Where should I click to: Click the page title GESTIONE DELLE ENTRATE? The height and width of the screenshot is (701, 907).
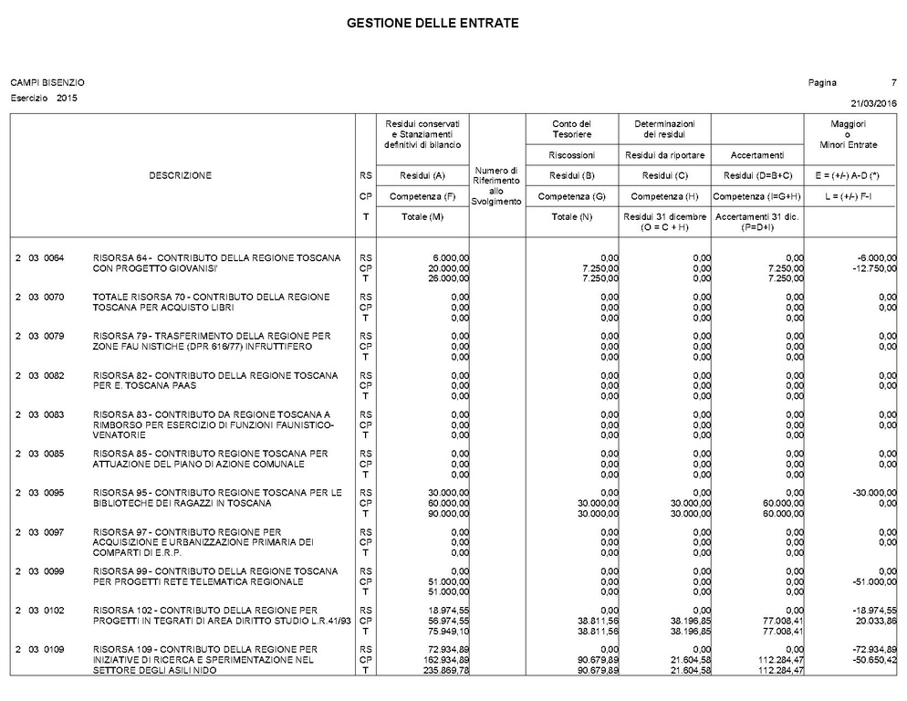pos(433,23)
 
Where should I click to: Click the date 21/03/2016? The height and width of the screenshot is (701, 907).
pos(874,102)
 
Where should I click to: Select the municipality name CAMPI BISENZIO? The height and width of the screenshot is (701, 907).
pos(47,83)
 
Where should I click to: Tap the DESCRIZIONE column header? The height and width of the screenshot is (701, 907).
pos(180,176)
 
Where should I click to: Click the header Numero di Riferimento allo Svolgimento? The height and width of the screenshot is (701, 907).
pos(496,185)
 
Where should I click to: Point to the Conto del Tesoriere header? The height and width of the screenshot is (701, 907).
pos(572,130)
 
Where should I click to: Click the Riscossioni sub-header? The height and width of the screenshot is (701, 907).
pos(572,155)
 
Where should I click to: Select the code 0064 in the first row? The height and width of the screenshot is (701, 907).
pos(54,258)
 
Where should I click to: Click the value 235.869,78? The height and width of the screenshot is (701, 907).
pos(446,671)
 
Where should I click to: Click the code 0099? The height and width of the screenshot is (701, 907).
pos(54,571)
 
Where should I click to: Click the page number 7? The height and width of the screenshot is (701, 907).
pos(894,83)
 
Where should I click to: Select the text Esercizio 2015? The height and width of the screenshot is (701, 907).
pos(44,98)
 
